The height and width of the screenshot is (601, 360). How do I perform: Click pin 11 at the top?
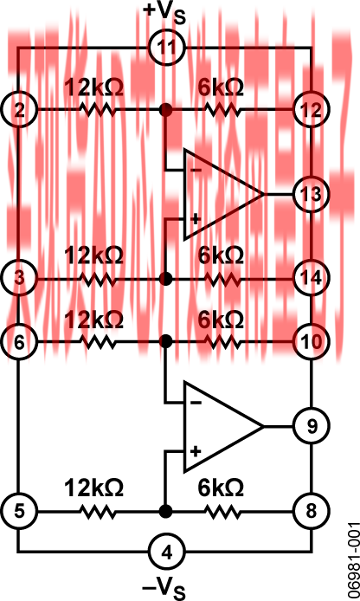pyautogui.click(x=167, y=48)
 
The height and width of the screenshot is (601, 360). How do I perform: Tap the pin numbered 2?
pyautogui.click(x=19, y=110)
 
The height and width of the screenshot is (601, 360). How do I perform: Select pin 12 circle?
pyautogui.click(x=312, y=110)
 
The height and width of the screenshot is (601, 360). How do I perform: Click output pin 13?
pyautogui.click(x=312, y=194)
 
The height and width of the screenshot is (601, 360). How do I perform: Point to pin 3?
pyautogui.click(x=19, y=278)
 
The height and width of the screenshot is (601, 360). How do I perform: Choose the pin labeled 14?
pyautogui.click(x=312, y=278)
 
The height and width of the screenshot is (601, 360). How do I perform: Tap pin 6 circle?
pyautogui.click(x=19, y=341)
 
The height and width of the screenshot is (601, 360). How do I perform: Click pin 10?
pyautogui.click(x=312, y=341)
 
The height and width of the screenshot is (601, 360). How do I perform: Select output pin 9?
pyautogui.click(x=312, y=426)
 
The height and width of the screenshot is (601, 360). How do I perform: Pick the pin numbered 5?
pyautogui.click(x=19, y=511)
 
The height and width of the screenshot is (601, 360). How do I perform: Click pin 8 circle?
pyautogui.click(x=312, y=511)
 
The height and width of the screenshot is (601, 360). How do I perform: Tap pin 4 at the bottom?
pyautogui.click(x=167, y=552)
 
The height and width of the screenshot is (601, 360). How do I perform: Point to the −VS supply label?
pyautogui.click(x=164, y=587)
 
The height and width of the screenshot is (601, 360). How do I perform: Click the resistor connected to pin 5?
pyautogui.click(x=97, y=511)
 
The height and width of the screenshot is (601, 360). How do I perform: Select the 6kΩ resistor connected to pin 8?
pyautogui.click(x=223, y=511)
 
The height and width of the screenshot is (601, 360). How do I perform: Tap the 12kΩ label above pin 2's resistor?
pyautogui.click(x=93, y=88)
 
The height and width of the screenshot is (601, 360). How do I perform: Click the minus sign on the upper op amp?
pyautogui.click(x=196, y=171)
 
